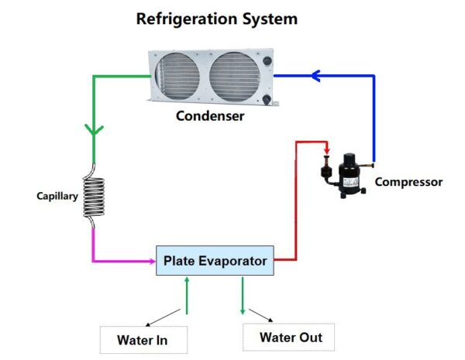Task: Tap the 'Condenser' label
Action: (x=210, y=116)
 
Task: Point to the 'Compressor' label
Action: (x=408, y=182)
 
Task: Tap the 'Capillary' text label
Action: (x=57, y=197)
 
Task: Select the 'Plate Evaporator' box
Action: (x=215, y=261)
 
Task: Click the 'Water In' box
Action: (x=142, y=339)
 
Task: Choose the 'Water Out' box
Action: (x=290, y=337)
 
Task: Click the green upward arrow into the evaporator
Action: (x=187, y=294)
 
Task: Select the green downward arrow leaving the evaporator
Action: (x=243, y=295)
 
